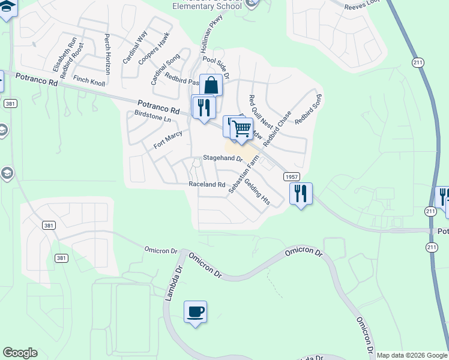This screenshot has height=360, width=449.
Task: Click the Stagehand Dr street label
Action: pyautogui.click(x=222, y=159)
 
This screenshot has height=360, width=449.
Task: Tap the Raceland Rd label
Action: pyautogui.click(x=206, y=184)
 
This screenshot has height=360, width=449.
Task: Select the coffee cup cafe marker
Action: pyautogui.click(x=195, y=312)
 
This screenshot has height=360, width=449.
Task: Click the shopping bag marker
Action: pyautogui.click(x=211, y=85)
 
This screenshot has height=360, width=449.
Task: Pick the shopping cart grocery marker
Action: pyautogui.click(x=242, y=128)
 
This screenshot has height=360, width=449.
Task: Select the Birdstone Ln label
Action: pyautogui.click(x=152, y=116)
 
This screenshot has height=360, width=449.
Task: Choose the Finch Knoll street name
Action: pyautogui.click(x=89, y=80)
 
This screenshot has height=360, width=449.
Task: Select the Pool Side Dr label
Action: pyautogui.click(x=216, y=68)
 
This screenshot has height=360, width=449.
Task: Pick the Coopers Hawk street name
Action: pyautogui.click(x=154, y=49)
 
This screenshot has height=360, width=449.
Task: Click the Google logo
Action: pyautogui.click(x=20, y=353)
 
